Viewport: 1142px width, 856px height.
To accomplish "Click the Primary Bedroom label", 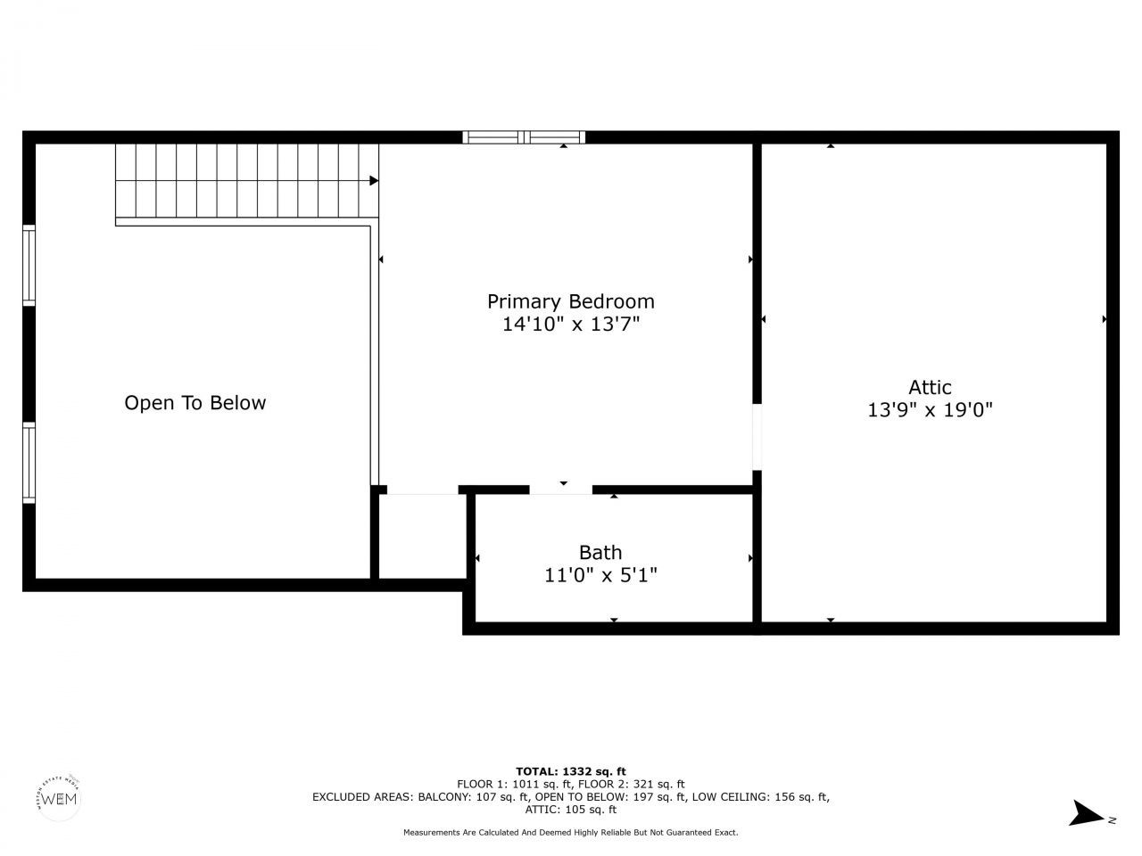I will pyautogui.click(x=570, y=301).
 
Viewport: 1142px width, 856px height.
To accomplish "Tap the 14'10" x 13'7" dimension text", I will pyautogui.click(x=570, y=325).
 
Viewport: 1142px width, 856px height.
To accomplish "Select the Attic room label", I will pyautogui.click(x=930, y=387).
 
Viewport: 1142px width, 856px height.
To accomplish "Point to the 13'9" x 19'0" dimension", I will pyautogui.click(x=930, y=410).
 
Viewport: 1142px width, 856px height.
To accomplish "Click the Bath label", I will pyautogui.click(x=600, y=553).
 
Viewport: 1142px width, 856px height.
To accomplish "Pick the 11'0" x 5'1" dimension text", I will pyautogui.click(x=600, y=576).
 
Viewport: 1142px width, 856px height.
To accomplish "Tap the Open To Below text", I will pyautogui.click(x=194, y=403).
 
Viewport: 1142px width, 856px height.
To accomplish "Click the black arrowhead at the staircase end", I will pyautogui.click(x=374, y=181).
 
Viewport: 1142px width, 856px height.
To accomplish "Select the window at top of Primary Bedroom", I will pyautogui.click(x=525, y=137).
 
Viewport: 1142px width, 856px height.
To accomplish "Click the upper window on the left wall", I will pyautogui.click(x=29, y=266).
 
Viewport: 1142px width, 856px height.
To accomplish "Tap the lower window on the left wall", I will pyautogui.click(x=29, y=463).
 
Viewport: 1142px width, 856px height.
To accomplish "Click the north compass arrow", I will pyautogui.click(x=1088, y=813).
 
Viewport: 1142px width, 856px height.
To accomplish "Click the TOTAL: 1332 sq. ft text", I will pyautogui.click(x=571, y=771).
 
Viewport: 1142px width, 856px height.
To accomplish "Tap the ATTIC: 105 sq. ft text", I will pyautogui.click(x=571, y=810).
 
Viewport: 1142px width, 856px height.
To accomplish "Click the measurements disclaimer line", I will pyautogui.click(x=571, y=832).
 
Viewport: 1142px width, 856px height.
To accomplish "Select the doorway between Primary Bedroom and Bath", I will pyautogui.click(x=561, y=489).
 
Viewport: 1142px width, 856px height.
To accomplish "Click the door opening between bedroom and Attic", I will pyautogui.click(x=757, y=437).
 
